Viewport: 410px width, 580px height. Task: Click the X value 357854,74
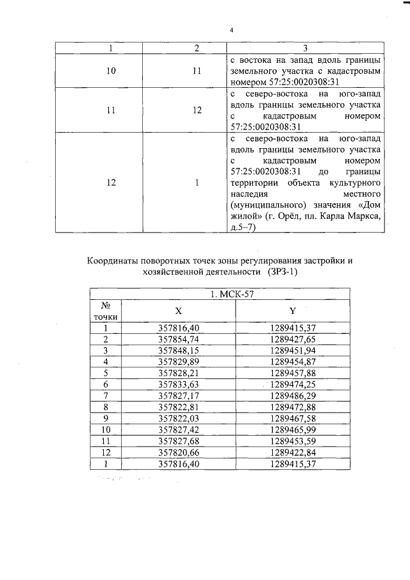coord(179,339)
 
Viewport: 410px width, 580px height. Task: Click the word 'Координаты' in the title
coord(117,260)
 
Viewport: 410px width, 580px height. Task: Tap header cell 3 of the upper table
coord(306,49)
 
